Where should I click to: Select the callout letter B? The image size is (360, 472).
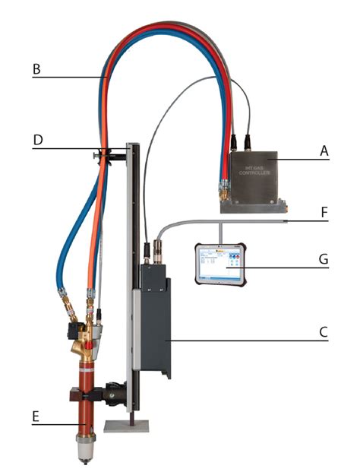click(x=36, y=69)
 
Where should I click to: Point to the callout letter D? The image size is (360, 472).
click(x=36, y=141)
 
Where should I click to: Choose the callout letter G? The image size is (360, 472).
click(x=324, y=260)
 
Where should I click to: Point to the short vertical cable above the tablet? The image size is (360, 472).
click(x=219, y=232)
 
